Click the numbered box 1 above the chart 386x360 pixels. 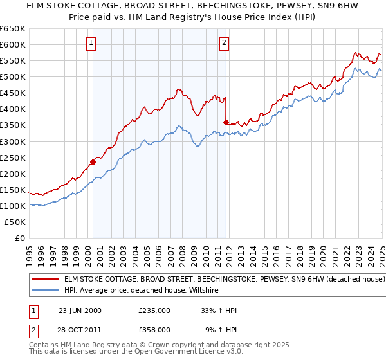[x=91, y=44]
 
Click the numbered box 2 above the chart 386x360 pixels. [x=224, y=44]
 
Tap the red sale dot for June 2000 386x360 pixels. [x=93, y=162]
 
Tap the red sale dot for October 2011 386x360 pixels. [x=226, y=122]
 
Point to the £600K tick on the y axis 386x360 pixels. [x=14, y=44]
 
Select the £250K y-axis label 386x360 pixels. [x=14, y=157]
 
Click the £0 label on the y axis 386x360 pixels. [x=21, y=238]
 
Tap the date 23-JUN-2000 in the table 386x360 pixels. [x=80, y=310]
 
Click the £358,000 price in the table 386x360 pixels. [x=154, y=329]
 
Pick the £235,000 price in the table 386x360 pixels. [x=154, y=310]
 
